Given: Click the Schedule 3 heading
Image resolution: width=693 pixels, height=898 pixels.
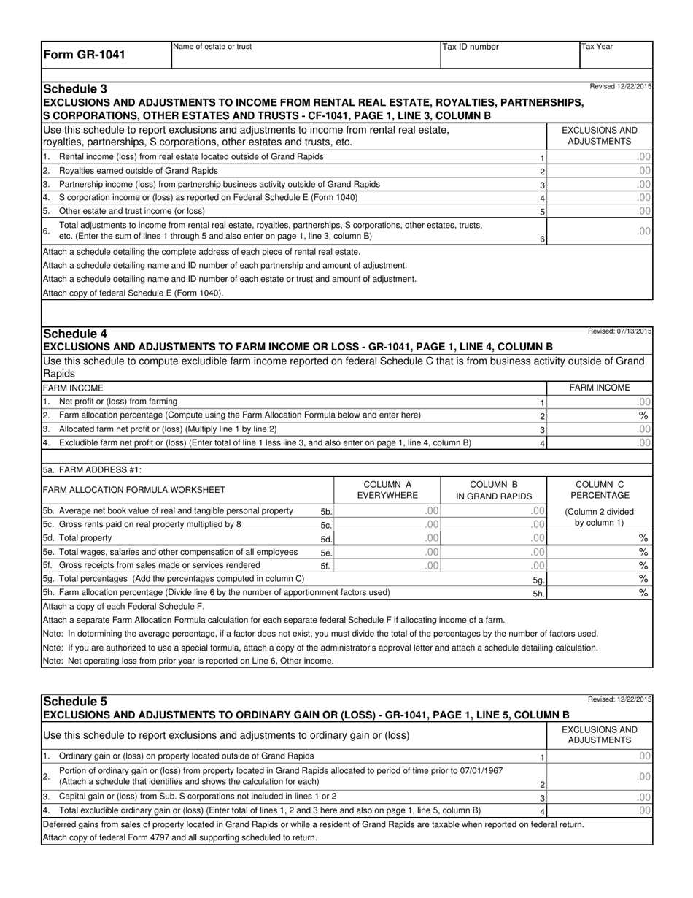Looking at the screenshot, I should (75, 89).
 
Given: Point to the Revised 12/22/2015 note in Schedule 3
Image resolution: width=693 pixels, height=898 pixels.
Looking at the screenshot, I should (620, 87).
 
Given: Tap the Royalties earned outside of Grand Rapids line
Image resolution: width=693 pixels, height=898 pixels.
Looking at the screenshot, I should (138, 170).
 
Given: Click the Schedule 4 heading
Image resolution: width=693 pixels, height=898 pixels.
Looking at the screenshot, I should (75, 334).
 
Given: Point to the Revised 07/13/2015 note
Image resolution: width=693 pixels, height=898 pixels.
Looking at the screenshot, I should (619, 331).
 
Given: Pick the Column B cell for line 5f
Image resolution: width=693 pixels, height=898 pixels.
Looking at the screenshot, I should (494, 565).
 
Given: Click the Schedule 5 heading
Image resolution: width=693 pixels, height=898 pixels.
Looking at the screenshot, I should (75, 701).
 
